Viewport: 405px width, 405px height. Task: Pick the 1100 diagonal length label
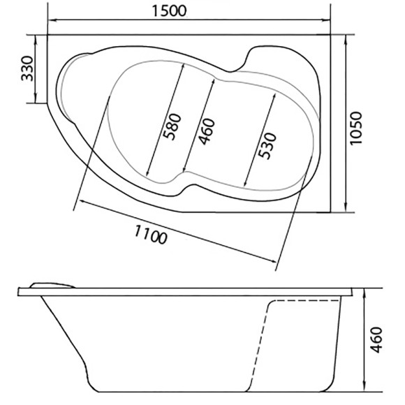(149, 234)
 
